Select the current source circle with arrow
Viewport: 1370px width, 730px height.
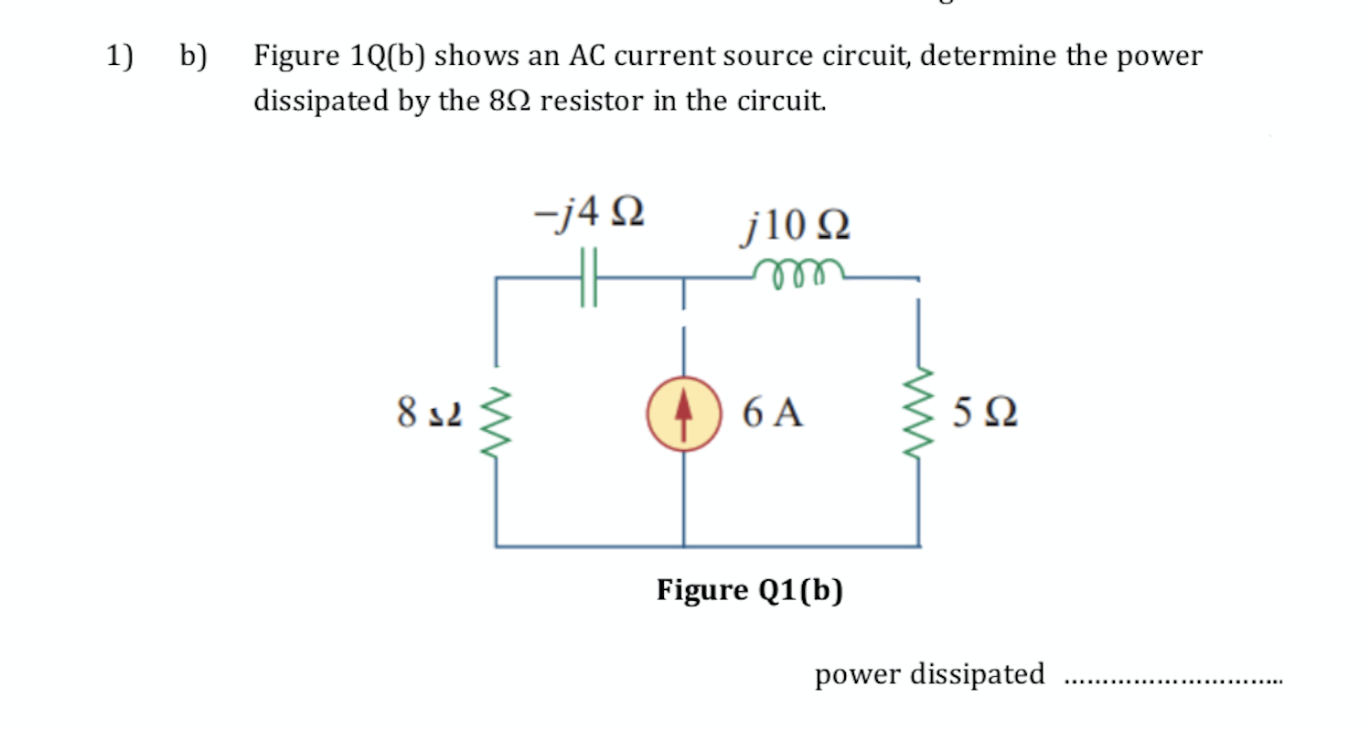pos(682,413)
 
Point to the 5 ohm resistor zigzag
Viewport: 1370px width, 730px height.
pos(920,413)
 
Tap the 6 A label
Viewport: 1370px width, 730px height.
pos(773,413)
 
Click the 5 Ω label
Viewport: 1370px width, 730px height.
pos(984,413)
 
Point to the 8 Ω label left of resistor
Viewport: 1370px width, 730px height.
pos(429,413)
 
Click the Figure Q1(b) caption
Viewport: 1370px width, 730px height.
pos(749,591)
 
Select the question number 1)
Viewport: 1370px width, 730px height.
pos(119,57)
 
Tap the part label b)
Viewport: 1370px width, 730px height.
pos(193,57)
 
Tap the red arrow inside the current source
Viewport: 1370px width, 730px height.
pos(682,412)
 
